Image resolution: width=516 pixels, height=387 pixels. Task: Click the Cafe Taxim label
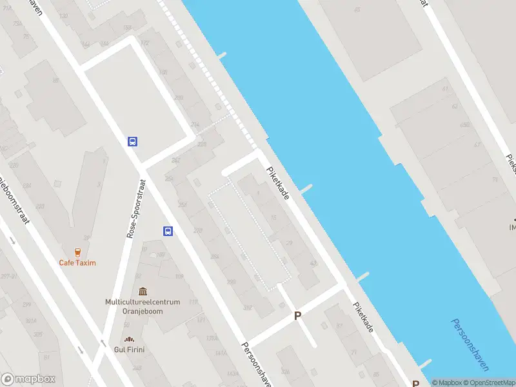point(77,263)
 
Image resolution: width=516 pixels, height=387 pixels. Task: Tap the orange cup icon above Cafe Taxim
point(77,252)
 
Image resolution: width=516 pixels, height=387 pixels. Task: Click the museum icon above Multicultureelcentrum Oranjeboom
point(142,292)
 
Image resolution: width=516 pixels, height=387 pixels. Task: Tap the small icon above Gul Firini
point(130,339)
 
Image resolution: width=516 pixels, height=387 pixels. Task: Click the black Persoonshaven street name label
point(256,364)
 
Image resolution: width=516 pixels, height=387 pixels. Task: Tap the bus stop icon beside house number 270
point(168,231)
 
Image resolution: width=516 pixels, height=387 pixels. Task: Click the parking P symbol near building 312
point(297,315)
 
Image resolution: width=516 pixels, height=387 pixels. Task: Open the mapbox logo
point(28,379)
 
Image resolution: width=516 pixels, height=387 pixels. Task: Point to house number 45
point(358,10)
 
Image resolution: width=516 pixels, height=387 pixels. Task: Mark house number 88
point(56,81)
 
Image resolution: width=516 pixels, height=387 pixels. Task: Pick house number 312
point(247,307)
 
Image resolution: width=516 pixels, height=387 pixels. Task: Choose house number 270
point(197,230)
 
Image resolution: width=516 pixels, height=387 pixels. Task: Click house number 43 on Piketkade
point(313,263)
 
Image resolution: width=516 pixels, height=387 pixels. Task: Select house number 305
point(37,333)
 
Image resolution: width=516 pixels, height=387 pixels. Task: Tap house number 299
point(27,304)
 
